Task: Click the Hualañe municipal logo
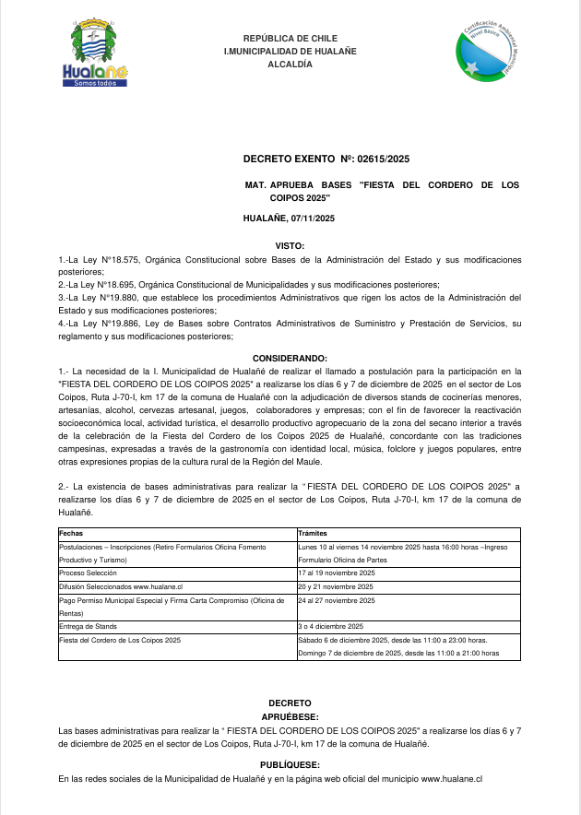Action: tap(94, 53)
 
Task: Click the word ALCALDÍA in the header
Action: tap(290, 65)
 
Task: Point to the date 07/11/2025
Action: tap(312, 218)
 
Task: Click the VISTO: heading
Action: tap(290, 247)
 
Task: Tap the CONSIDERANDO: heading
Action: tap(290, 357)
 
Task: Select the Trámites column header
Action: tap(314, 534)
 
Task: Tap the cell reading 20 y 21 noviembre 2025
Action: tap(336, 586)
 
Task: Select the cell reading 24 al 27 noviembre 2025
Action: tap(337, 600)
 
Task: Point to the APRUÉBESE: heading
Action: tap(290, 715)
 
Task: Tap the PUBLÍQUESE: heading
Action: tap(290, 764)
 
